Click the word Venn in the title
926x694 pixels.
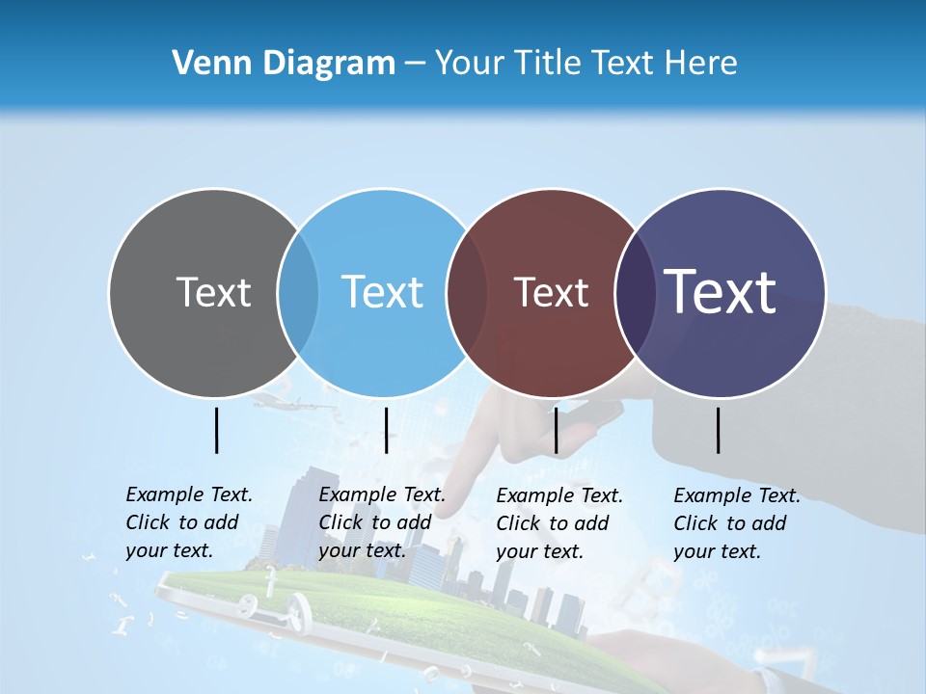203,64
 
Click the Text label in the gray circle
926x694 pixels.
213,292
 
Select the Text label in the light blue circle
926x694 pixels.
382,292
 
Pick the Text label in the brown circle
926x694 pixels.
551,292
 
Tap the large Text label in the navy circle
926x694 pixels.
720,292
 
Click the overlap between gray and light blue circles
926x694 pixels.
298,292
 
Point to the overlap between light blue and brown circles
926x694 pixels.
467,292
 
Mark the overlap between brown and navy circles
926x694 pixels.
632,292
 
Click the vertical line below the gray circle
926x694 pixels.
216,430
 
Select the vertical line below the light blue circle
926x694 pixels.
386,430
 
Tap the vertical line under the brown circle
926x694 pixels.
556,430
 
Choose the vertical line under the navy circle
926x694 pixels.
718,430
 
